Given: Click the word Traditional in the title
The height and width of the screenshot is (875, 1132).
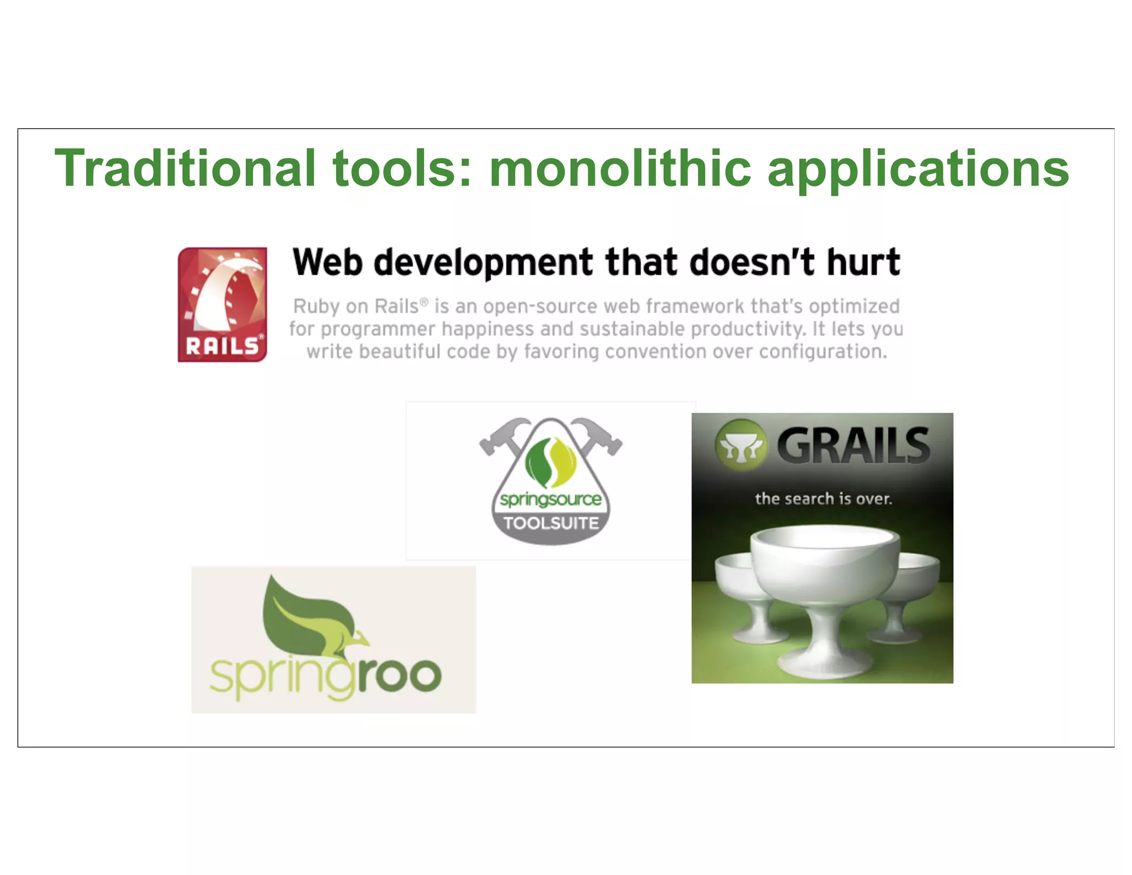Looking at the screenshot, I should pos(185,168).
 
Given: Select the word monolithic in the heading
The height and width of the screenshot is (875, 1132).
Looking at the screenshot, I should pos(620,168).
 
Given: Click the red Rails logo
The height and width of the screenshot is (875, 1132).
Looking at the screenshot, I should pos(222,304).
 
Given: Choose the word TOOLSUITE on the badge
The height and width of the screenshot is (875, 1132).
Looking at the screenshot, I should pos(551,523).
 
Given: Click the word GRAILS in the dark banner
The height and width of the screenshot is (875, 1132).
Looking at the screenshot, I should pos(853,446).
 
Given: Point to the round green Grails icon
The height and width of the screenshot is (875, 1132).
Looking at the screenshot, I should pos(741,445).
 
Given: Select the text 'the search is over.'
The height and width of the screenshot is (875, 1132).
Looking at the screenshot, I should pos(824,499).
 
